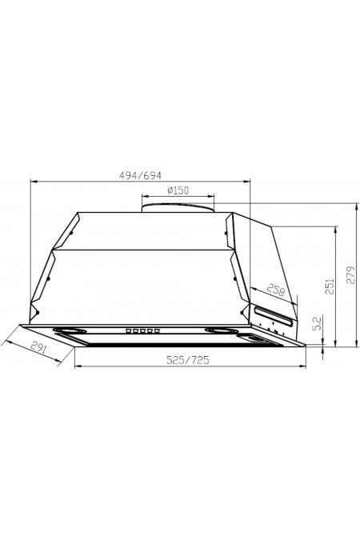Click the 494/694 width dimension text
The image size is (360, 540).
tap(140, 175)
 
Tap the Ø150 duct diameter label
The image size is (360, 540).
tap(178, 190)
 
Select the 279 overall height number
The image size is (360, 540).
tap(350, 274)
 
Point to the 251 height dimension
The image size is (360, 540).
tap(330, 286)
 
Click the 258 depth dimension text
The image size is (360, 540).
tap(276, 290)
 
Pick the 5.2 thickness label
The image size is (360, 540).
tap(318, 322)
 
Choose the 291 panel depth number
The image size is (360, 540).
tap(38, 346)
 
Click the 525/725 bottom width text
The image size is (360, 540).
tap(188, 360)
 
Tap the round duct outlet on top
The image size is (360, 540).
tap(178, 207)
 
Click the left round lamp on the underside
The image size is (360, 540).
tap(70, 330)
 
